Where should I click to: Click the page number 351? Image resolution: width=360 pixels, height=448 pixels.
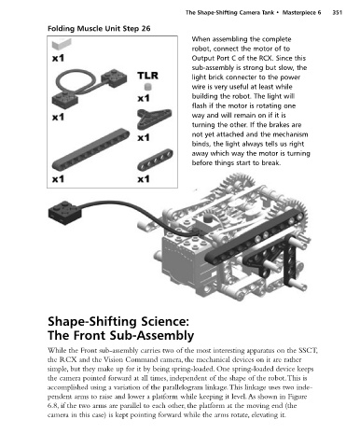point(337,12)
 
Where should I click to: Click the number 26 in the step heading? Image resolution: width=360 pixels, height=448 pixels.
point(145,29)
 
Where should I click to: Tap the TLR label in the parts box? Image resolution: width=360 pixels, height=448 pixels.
point(147,76)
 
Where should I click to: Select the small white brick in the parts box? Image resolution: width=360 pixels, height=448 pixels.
point(62,44)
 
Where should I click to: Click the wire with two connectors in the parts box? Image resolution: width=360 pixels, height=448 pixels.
point(90,86)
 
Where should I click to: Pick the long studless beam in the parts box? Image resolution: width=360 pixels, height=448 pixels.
point(90,149)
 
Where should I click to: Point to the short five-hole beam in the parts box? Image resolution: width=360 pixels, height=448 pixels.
point(155,160)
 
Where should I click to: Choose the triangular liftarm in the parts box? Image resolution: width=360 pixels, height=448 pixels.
point(154,119)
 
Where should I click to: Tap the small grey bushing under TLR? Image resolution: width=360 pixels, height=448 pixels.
point(148,87)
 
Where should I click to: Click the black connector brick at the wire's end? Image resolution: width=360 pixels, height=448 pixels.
point(65,213)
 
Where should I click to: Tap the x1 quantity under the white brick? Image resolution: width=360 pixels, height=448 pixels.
point(58,58)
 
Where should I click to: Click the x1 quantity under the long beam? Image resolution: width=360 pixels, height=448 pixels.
point(58,179)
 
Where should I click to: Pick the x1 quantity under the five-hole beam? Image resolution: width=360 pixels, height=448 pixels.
point(144,179)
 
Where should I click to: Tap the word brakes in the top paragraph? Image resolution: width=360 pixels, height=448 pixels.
point(280,125)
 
